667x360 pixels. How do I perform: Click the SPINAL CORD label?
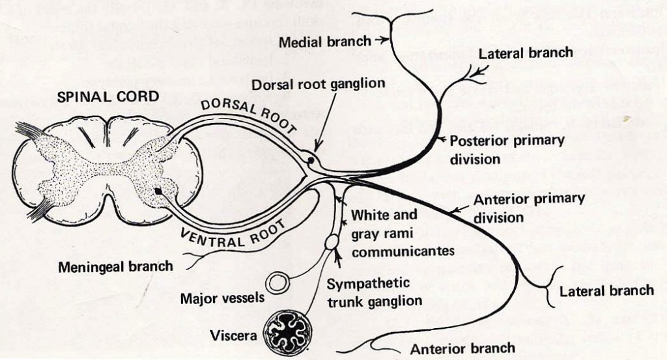click(108, 97)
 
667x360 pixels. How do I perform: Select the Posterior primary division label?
click(506, 149)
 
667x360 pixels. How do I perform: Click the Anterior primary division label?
click(528, 208)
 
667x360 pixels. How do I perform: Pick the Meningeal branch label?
click(115, 266)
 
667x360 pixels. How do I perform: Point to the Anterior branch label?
click(462, 348)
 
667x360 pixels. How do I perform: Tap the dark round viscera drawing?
click(287, 332)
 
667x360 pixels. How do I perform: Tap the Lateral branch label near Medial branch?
click(526, 53)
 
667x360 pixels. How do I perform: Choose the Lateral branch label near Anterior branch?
click(606, 290)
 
